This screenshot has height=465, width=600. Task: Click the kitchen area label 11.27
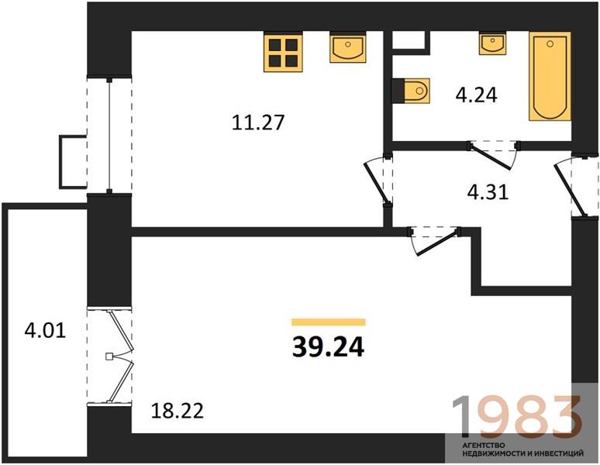click(258, 122)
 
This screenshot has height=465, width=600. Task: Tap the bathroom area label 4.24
click(477, 95)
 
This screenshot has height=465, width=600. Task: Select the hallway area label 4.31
click(488, 192)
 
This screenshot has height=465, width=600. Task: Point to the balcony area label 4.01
click(45, 330)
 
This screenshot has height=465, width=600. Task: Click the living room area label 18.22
click(178, 411)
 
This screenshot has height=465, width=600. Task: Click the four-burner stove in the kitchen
click(283, 53)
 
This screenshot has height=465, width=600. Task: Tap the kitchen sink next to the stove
click(347, 48)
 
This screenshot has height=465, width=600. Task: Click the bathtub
click(550, 77)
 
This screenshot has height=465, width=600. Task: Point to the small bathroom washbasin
click(493, 43)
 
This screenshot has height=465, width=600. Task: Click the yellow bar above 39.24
click(329, 322)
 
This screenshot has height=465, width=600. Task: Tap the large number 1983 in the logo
click(516, 418)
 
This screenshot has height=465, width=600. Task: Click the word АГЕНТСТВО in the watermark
click(484, 446)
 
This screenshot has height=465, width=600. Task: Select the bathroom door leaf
click(491, 157)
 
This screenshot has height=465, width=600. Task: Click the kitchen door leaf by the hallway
click(377, 183)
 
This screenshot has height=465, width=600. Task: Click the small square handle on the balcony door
click(109, 356)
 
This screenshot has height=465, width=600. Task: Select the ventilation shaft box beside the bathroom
click(409, 40)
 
